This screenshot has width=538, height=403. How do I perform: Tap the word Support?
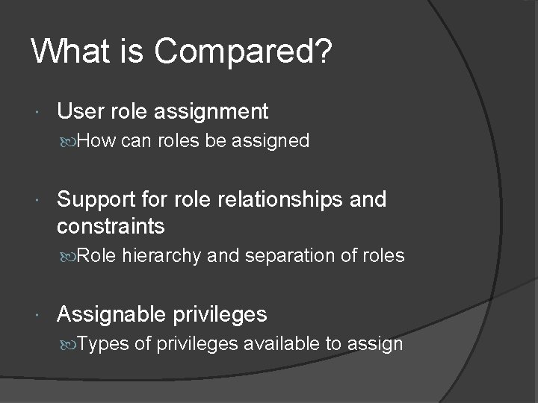[98, 200]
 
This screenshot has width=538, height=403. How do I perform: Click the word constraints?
[111, 225]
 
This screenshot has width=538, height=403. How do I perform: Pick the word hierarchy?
[162, 256]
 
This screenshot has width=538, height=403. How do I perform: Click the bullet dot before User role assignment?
[38, 113]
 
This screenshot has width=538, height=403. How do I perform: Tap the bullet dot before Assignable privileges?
[38, 315]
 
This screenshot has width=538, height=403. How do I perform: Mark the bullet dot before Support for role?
[38, 201]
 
